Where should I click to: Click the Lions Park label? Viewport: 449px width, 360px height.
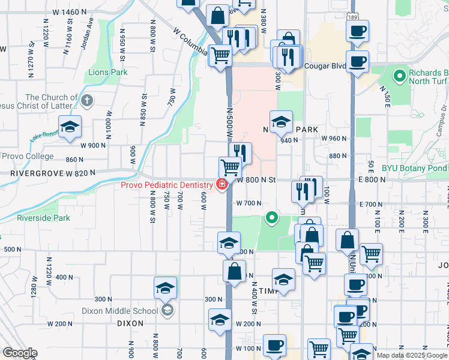(x=108, y=73)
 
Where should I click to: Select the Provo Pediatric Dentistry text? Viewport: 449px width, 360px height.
(x=166, y=185)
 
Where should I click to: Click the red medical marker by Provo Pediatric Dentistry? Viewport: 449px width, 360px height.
(x=221, y=184)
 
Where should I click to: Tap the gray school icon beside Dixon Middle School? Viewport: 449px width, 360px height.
(x=167, y=310)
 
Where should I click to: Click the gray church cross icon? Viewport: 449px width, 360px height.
(x=86, y=100)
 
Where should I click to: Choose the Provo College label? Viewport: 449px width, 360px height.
(x=28, y=157)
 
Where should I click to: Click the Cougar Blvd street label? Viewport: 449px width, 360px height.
(x=324, y=67)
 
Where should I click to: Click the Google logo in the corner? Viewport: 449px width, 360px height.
(x=20, y=353)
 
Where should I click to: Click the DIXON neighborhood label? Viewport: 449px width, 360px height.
(x=130, y=323)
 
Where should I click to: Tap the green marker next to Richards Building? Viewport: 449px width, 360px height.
(x=399, y=76)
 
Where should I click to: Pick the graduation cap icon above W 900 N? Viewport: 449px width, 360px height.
(x=70, y=127)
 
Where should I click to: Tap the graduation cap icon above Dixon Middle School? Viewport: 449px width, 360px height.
(x=165, y=287)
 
